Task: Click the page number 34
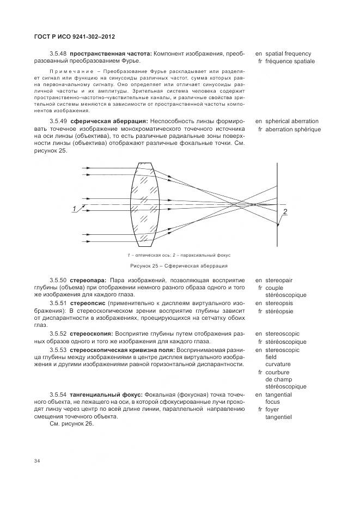(x=37, y=462)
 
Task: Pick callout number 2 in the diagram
(x=285, y=211)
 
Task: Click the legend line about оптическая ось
(x=151, y=254)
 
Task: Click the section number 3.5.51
(x=58, y=302)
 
